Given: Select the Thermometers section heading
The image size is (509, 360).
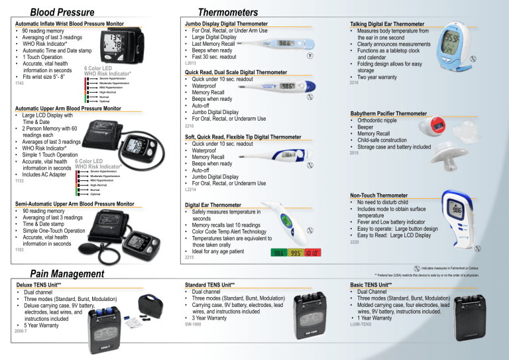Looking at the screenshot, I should coord(229,11).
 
